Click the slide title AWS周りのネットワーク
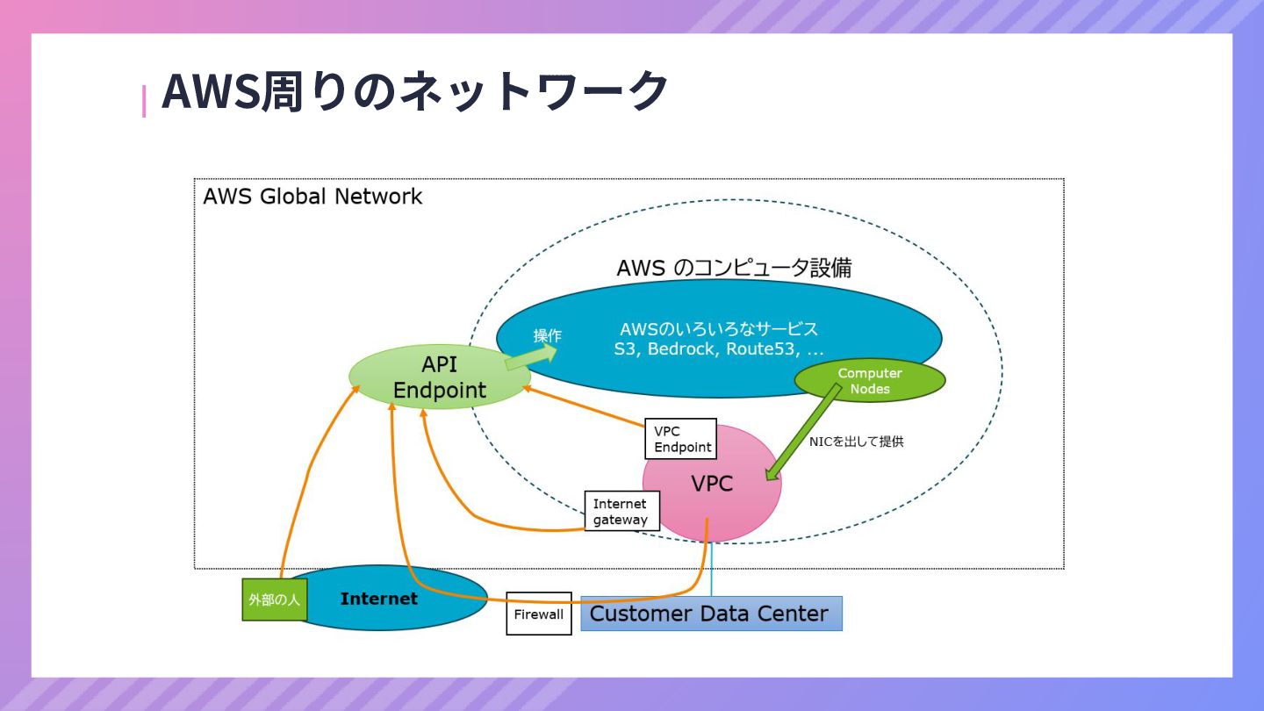pos(414,91)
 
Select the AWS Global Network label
pos(312,196)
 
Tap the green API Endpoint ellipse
pos(440,377)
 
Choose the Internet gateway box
pos(621,511)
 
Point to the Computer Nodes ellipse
pos(869,380)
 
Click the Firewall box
pos(539,614)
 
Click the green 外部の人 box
pos(274,600)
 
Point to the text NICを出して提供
pos(856,442)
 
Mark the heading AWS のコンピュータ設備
pos(734,268)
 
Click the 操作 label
pos(547,335)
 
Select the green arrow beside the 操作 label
pos(532,355)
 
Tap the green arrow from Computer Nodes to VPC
pos(801,434)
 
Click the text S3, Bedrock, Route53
pos(718,348)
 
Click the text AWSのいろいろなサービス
pos(718,329)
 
